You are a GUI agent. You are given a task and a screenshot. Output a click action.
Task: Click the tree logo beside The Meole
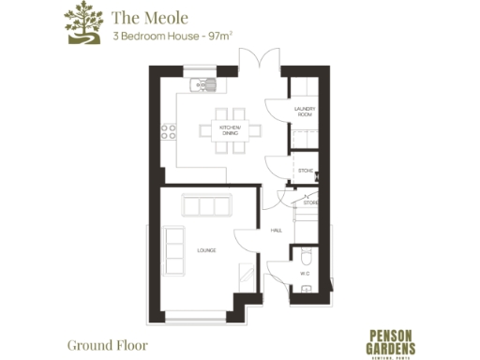pyautogui.click(x=82, y=23)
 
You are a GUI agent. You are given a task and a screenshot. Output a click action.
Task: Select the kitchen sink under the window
pyautogui.click(x=202, y=85)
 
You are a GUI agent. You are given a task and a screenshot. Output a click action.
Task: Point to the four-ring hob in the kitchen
pyautogui.click(x=169, y=132)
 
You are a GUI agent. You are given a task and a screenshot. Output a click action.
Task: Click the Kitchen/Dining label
pyautogui.click(x=230, y=130)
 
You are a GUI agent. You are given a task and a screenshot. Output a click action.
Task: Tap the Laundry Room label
pyautogui.click(x=304, y=112)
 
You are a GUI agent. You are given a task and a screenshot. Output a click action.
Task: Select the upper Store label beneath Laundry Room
pyautogui.click(x=305, y=171)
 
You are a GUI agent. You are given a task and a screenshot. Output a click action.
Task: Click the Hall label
pyautogui.click(x=277, y=230)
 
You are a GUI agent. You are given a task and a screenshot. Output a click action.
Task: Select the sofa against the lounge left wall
pyautogui.click(x=174, y=247)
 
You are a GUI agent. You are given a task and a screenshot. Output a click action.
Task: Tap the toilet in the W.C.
pyautogui.click(x=306, y=256)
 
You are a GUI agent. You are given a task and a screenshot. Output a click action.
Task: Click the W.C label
pyautogui.click(x=305, y=274)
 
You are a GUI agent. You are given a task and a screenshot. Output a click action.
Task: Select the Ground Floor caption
pyautogui.click(x=107, y=344)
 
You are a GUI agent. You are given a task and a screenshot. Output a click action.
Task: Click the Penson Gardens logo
pyautogui.click(x=389, y=338)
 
